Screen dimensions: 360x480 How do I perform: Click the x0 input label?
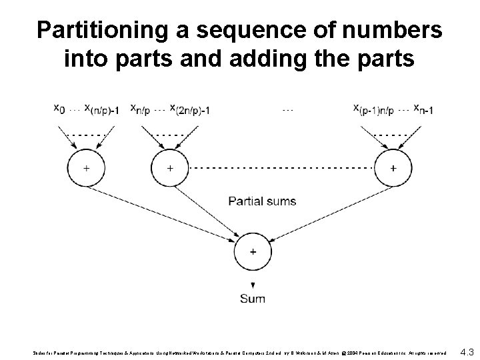[59, 109]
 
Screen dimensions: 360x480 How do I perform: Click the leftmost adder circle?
[87, 169]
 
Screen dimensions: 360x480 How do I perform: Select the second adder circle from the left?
[171, 169]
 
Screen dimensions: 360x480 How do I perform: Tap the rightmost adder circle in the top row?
[392, 169]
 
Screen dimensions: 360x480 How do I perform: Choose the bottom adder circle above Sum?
[252, 252]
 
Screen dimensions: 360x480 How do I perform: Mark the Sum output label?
[253, 299]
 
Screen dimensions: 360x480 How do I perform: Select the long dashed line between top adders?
[280, 169]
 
